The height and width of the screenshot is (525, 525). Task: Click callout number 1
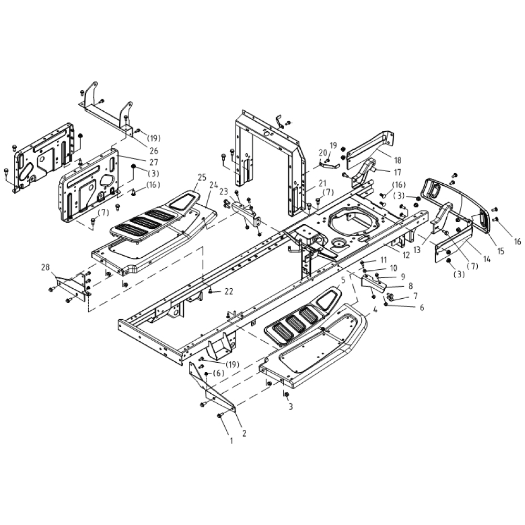[x=231, y=441]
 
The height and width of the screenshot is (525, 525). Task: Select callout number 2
[x=244, y=433]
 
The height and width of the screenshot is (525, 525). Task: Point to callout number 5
[x=342, y=280]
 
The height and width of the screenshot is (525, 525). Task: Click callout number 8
[x=411, y=286]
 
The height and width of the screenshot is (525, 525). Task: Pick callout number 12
[x=406, y=255]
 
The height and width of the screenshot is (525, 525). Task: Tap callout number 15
[x=500, y=251]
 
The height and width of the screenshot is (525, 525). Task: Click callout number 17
[x=397, y=172]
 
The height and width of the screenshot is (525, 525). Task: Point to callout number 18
[x=397, y=160]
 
